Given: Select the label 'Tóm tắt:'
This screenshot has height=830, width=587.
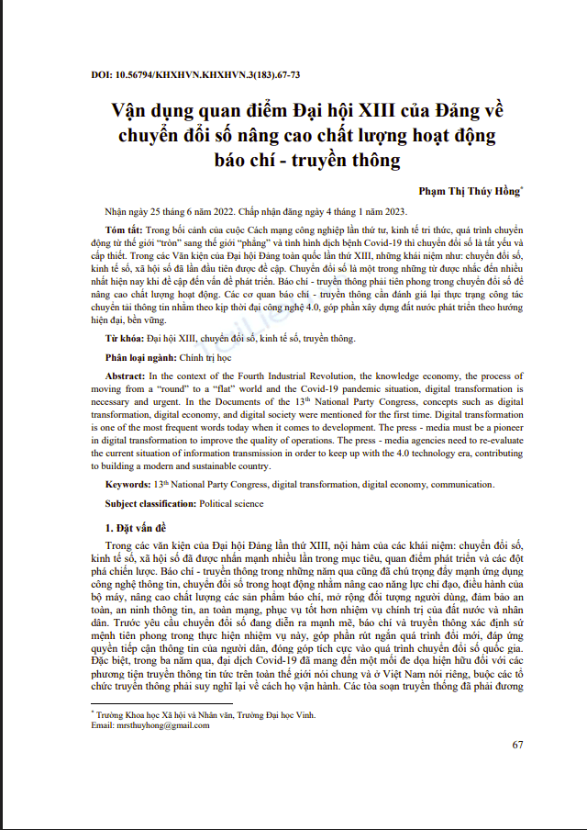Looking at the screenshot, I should point(123,227).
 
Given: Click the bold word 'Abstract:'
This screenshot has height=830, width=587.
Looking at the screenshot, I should point(125,376).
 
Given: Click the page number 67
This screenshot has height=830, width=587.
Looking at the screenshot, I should point(517,745).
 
